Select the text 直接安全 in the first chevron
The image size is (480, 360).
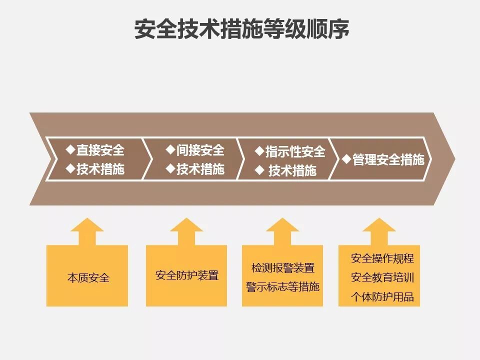point(100,149)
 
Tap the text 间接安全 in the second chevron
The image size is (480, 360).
point(200,149)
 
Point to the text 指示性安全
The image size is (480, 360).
point(295,151)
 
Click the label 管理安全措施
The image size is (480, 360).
point(388,160)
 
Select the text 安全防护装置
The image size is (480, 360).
point(187,275)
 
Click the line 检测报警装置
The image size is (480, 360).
point(283,268)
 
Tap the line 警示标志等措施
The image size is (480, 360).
point(283,287)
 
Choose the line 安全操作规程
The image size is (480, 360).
point(382,258)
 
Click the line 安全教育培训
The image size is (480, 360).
point(382,277)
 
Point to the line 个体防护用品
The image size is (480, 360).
point(382,296)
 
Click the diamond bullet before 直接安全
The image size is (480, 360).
point(70,149)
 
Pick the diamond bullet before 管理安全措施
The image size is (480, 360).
point(347,160)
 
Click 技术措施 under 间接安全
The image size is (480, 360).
point(200,169)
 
